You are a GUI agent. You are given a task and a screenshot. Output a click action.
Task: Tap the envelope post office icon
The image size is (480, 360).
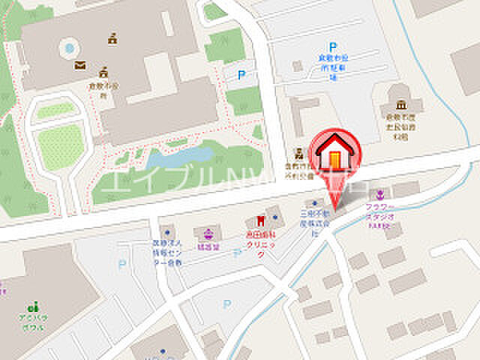pos(79,65)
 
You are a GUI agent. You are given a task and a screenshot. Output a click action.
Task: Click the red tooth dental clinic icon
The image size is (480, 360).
pos(260,220)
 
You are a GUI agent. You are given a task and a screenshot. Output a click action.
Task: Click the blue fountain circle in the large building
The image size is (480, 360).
pos(70,49)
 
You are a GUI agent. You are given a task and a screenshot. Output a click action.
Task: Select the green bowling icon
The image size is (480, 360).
pos(31,307)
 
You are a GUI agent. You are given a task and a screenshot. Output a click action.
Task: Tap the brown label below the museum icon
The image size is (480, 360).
pos(397,127)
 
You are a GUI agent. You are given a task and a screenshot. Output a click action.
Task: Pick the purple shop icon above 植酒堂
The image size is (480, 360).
pos(202,232)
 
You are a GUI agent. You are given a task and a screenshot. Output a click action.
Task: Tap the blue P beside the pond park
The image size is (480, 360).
pos(241,74)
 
